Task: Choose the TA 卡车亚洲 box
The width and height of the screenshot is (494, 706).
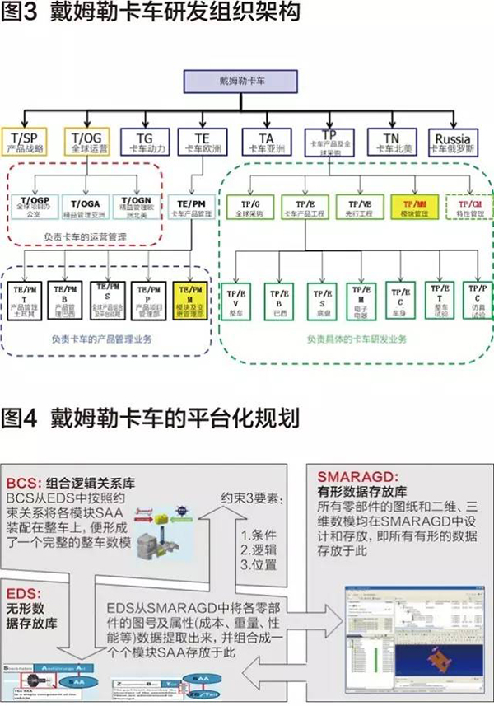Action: tap(265, 142)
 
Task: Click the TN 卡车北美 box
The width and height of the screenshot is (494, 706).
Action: tap(391, 142)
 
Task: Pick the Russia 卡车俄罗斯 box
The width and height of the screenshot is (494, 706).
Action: tap(454, 142)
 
